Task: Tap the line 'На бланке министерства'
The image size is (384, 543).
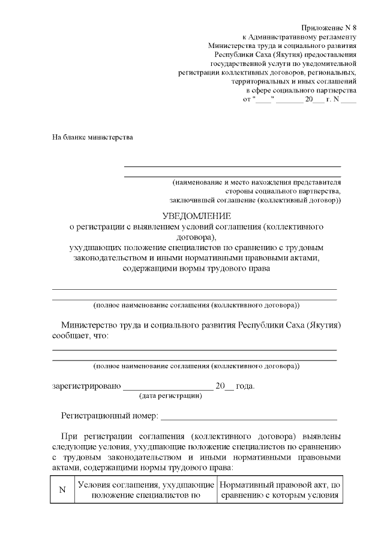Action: (x=92, y=137)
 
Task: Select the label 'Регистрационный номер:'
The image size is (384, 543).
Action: (x=109, y=415)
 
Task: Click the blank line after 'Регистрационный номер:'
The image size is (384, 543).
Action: (x=248, y=418)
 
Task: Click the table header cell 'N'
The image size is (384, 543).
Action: (x=61, y=490)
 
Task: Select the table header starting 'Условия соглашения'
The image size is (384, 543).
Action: (x=144, y=490)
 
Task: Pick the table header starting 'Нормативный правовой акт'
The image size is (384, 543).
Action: (x=280, y=490)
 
